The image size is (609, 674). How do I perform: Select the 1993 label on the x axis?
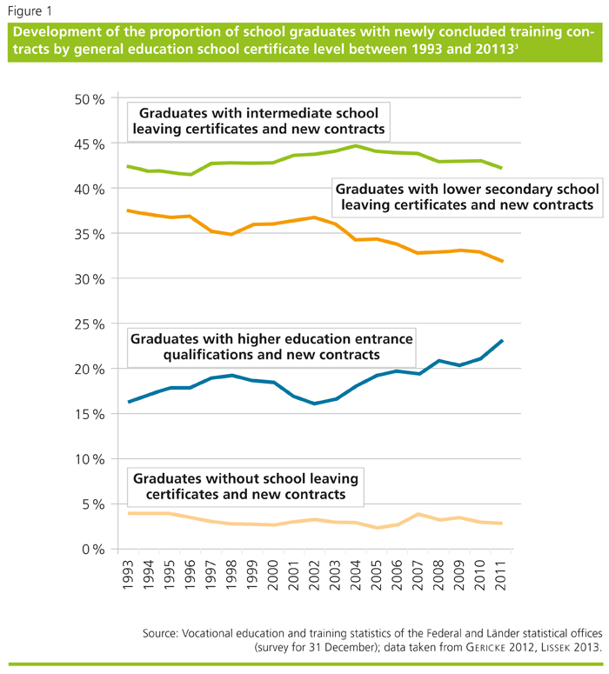click(x=129, y=573)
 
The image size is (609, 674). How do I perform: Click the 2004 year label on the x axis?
click(x=355, y=573)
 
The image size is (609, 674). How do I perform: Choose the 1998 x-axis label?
click(x=231, y=573)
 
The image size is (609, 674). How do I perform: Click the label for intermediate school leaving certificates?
click(x=258, y=122)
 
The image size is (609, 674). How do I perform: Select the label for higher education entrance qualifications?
click(x=272, y=345)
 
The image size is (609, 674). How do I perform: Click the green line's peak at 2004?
click(x=355, y=146)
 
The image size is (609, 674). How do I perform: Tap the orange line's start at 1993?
click(x=129, y=210)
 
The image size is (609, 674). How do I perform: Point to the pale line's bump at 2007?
click(x=418, y=514)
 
